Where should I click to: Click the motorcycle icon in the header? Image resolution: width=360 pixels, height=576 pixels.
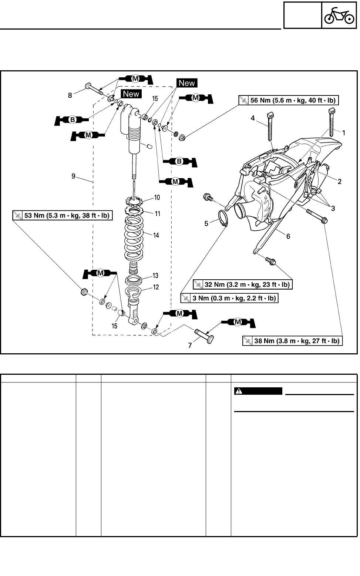pos(339,16)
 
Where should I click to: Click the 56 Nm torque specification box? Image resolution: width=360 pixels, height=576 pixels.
pos(289,100)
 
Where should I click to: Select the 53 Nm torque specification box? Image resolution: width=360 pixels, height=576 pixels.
pos(62,215)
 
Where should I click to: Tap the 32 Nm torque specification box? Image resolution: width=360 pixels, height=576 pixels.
pos(243,284)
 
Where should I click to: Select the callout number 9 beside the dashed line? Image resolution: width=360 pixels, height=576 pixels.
pos(74,176)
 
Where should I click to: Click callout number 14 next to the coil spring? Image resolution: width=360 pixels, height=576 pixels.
pos(156,235)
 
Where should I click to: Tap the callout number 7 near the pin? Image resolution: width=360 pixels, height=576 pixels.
pos(190,346)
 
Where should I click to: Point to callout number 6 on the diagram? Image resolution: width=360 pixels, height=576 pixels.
pos(288,236)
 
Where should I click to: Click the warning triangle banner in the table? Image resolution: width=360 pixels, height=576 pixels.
pos(258,391)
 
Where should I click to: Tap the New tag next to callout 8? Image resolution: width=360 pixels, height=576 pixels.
pos(131,94)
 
